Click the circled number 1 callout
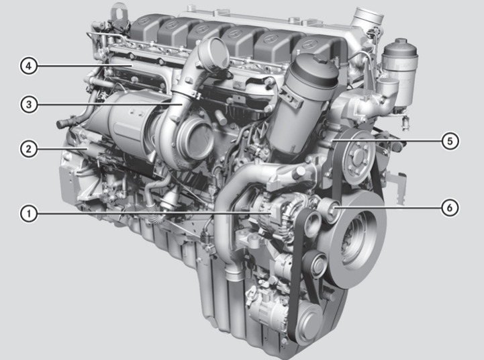click(x=28, y=214)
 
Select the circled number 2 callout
click(x=28, y=149)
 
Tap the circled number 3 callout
click(x=28, y=104)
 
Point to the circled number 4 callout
click(x=28, y=66)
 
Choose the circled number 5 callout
click(x=450, y=140)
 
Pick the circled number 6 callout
click(x=450, y=208)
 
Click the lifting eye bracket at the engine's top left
click(x=120, y=12)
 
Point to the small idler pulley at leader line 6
click(x=331, y=212)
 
